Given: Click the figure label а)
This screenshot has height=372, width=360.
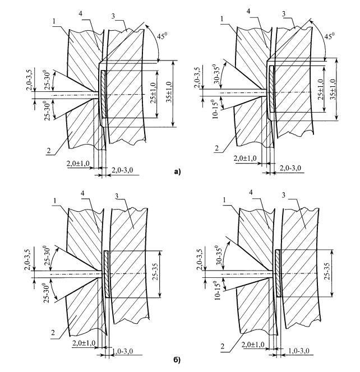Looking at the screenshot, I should (x=178, y=172).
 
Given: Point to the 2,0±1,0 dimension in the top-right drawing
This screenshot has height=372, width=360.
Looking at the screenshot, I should (x=245, y=159).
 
